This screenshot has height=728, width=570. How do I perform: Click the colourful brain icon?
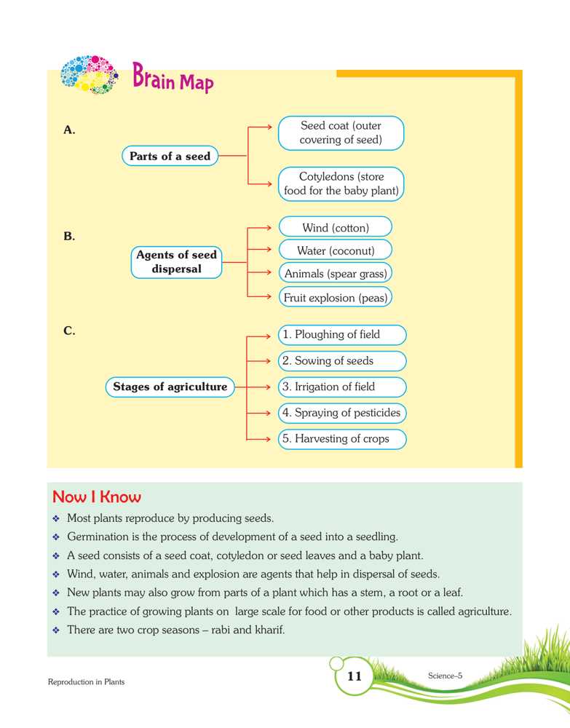click(90, 74)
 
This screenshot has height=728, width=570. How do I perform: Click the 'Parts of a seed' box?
click(170, 156)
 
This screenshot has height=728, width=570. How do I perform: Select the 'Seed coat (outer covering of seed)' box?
click(341, 133)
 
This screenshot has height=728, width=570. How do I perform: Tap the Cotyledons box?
click(341, 184)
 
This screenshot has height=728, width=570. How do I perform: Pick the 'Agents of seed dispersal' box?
click(176, 262)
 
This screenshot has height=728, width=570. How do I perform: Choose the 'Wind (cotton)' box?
click(336, 228)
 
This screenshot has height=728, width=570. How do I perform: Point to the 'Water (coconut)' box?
click(336, 250)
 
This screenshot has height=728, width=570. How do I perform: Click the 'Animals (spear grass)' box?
click(336, 274)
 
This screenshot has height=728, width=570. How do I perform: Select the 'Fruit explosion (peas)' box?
click(336, 297)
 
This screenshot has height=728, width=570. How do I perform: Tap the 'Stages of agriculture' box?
click(170, 387)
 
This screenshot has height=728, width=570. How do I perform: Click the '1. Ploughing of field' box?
click(341, 335)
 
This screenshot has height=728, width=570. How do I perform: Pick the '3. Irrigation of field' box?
click(341, 387)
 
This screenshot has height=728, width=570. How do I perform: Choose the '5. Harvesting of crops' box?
click(341, 439)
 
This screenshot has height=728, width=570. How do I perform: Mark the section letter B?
click(70, 237)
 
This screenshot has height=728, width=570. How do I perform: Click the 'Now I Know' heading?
click(97, 498)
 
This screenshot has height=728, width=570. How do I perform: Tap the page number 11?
click(355, 676)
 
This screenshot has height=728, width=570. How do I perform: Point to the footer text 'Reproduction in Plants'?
click(87, 682)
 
